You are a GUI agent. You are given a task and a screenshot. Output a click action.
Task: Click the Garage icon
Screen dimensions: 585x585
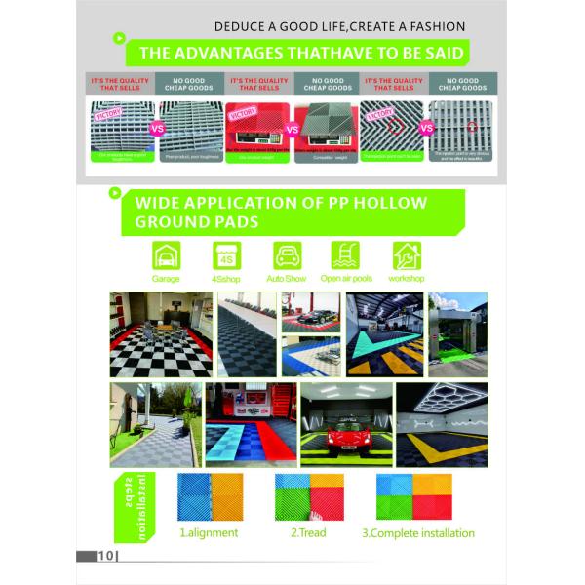point(167,255)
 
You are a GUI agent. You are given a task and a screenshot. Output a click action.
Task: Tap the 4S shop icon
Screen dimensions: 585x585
point(227,255)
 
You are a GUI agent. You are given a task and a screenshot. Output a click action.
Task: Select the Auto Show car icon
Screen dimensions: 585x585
point(287,255)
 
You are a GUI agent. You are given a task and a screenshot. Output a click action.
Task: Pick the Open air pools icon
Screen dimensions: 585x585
point(345,255)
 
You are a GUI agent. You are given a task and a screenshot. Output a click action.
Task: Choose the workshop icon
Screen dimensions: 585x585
point(407,255)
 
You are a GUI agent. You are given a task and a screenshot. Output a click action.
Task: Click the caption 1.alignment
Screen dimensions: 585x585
point(208,533)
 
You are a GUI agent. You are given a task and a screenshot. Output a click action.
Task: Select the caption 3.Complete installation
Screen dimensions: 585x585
point(418,533)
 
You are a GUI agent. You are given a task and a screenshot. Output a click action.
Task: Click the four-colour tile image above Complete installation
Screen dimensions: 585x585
point(410,496)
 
